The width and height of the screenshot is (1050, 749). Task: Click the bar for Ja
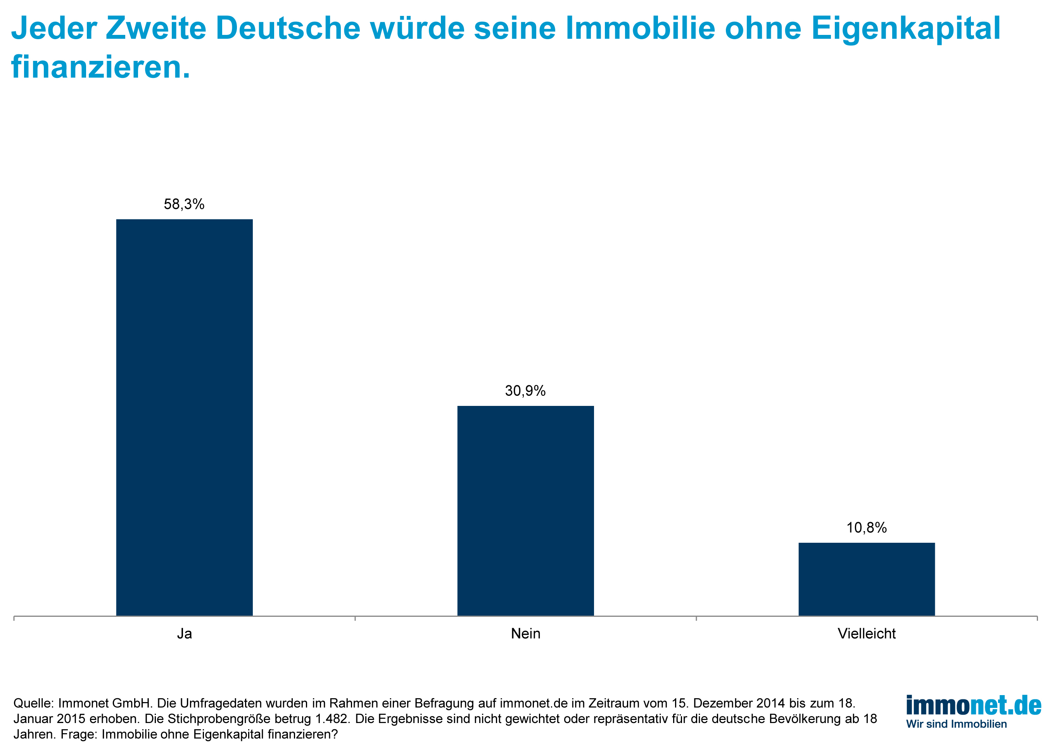point(184,418)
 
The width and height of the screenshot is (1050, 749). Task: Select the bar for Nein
point(525,511)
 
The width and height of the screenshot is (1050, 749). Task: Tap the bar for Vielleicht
point(866,579)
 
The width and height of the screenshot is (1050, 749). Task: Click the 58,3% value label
point(184,204)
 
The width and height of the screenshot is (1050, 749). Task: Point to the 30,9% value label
point(525,391)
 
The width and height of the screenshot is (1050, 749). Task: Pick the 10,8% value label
point(866,528)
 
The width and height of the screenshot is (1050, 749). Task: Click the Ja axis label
point(184,634)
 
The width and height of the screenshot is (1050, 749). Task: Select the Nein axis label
point(525,634)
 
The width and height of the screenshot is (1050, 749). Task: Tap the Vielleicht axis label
point(866,634)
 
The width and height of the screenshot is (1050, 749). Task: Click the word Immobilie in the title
point(639,29)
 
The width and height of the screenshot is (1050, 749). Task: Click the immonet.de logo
point(973,706)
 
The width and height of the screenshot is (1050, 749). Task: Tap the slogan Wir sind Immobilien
point(956,724)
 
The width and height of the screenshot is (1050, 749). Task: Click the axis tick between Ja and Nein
point(355,618)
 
